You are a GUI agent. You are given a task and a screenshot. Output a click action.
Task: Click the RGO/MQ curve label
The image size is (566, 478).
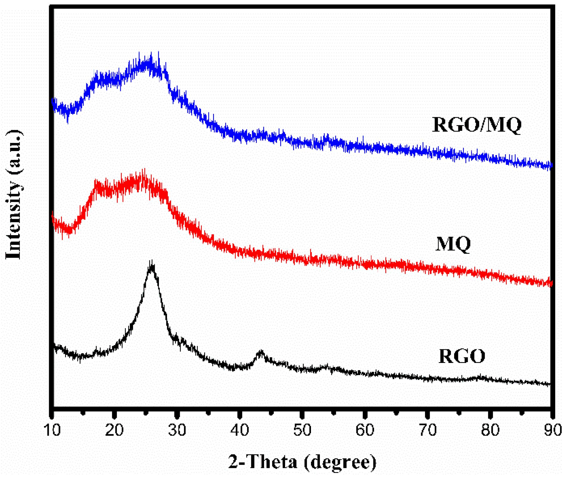pyautogui.click(x=476, y=125)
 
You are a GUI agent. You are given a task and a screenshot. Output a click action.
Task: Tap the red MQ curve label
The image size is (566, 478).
pyautogui.click(x=453, y=244)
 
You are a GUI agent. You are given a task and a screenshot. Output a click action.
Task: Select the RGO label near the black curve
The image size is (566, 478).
pyautogui.click(x=462, y=356)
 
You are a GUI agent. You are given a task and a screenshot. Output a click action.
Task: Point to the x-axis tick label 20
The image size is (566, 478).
pyautogui.click(x=115, y=430)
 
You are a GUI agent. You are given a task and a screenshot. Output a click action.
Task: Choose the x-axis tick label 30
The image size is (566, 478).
pyautogui.click(x=177, y=430)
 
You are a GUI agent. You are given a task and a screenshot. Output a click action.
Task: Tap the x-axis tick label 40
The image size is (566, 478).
pyautogui.click(x=240, y=430)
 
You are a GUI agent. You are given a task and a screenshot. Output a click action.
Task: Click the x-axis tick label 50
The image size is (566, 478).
pyautogui.click(x=302, y=430)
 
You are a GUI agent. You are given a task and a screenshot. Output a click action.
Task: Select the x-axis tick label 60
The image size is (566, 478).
pyautogui.click(x=365, y=430)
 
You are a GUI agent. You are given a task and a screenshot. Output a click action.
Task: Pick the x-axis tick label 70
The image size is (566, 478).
pyautogui.click(x=428, y=430)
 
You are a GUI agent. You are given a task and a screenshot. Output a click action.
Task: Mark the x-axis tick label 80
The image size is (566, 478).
pyautogui.click(x=490, y=430)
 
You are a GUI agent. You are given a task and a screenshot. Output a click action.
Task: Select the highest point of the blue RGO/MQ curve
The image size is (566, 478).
pyautogui.click(x=158, y=52)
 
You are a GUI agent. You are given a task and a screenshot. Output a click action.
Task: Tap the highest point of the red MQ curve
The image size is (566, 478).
pyautogui.click(x=144, y=169)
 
